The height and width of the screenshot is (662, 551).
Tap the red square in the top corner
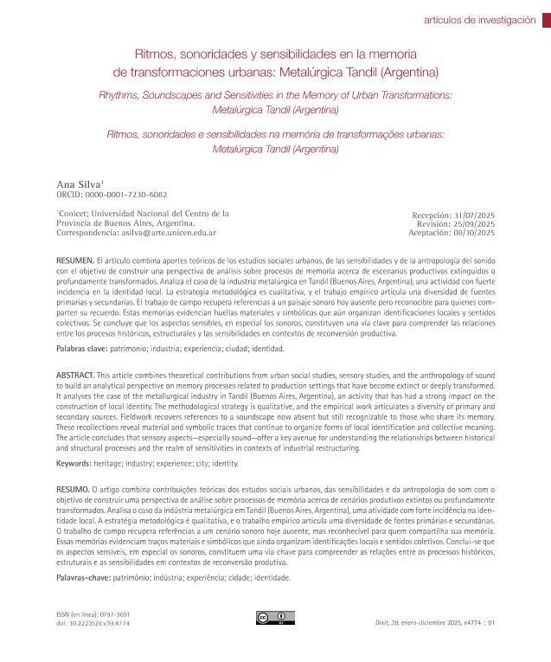(x=545, y=20)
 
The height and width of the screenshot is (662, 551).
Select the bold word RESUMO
(x=74, y=489)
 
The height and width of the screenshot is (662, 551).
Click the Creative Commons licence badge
(x=270, y=617)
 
